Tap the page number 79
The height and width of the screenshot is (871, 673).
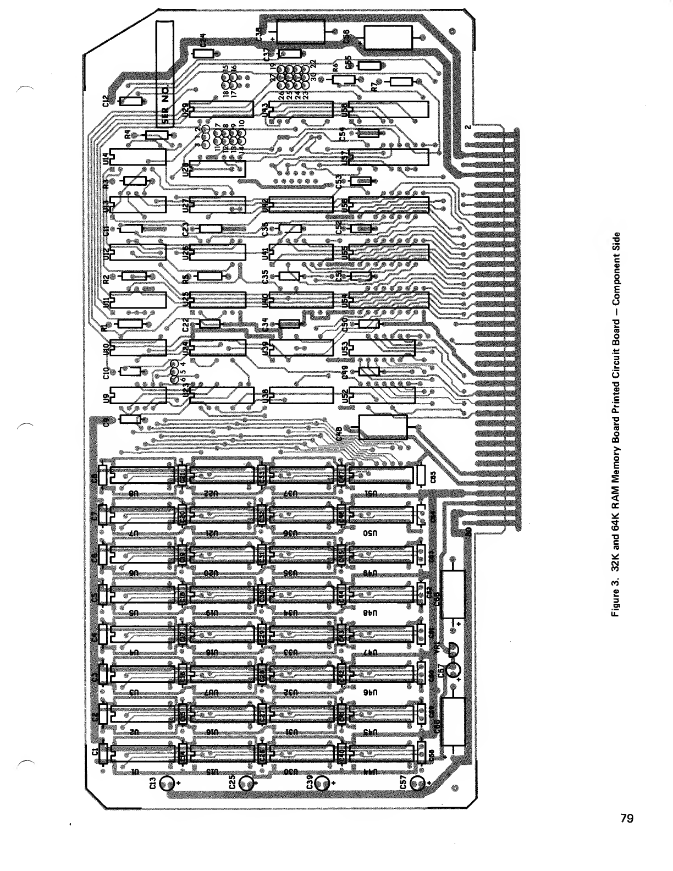pos(627,819)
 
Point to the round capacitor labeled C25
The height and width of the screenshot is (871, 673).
pos(246,783)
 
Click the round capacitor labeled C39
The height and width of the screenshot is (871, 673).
pos(324,783)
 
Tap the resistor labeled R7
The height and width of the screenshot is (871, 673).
pos(401,81)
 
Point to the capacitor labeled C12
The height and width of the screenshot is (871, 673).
pos(131,101)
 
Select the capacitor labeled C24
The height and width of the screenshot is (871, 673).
pos(204,53)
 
